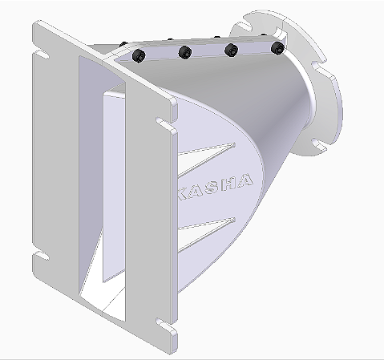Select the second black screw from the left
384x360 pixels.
185,53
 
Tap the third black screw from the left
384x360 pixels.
232,51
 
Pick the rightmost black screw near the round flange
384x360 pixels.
277,49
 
